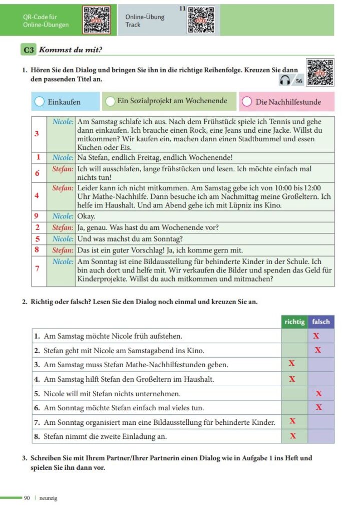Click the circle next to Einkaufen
40,102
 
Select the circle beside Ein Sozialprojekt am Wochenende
110,102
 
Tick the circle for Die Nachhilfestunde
246,102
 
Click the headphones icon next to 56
285,81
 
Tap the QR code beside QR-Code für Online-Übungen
96,20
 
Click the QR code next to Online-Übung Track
201,20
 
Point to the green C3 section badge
28,50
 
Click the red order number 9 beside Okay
37,216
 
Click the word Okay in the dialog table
86,216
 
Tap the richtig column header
294,322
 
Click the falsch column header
321,322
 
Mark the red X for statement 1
316,336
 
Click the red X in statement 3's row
292,363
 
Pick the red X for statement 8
293,436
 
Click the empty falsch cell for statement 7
321,422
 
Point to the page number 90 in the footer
27,498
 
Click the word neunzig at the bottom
48,498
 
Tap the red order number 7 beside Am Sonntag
37,269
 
